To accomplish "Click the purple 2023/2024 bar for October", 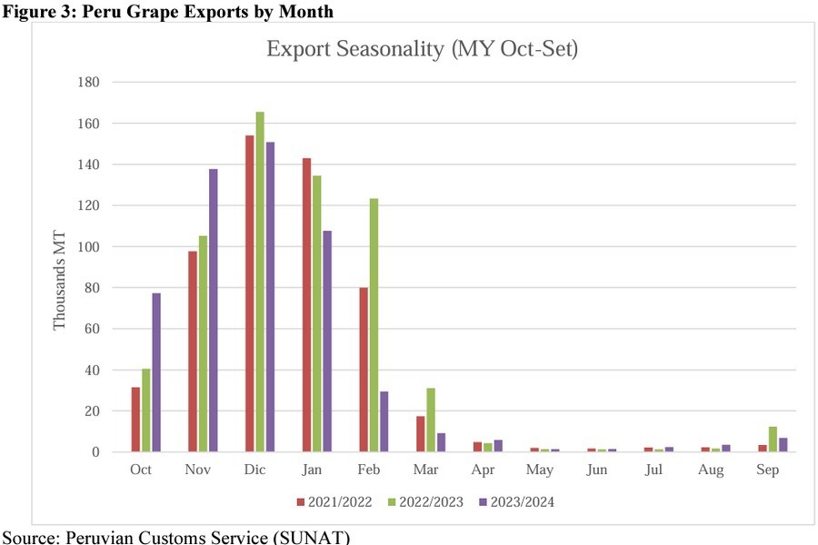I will click(x=156, y=372).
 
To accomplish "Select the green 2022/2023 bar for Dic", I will click(x=260, y=282).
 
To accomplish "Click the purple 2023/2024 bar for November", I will click(x=214, y=310).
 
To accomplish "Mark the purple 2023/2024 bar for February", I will click(x=384, y=421).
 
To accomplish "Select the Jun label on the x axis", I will click(x=597, y=470).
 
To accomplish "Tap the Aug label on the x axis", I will click(x=711, y=470).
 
